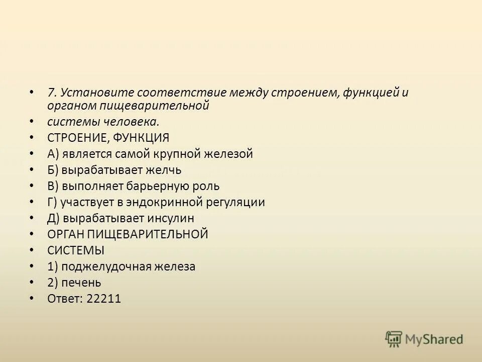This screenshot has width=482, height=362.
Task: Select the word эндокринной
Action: pos(160,202)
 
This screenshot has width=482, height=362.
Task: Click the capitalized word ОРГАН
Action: pos(66,234)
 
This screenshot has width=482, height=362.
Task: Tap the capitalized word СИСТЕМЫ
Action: pos(69,250)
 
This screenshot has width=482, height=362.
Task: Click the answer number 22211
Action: pos(104,299)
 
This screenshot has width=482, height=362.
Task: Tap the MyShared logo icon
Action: pos(394,339)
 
